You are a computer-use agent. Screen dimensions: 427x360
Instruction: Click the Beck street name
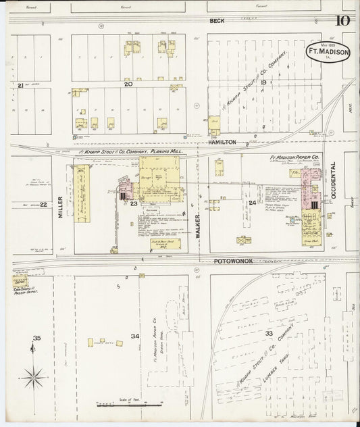(217, 21)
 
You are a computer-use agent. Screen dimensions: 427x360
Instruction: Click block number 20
(128, 84)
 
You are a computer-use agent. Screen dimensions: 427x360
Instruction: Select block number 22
(44, 205)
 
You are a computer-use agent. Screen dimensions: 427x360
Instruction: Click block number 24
(252, 203)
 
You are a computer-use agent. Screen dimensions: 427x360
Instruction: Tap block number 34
(135, 336)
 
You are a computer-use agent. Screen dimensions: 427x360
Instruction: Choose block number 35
(37, 337)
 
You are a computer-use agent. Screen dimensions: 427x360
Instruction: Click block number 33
(269, 334)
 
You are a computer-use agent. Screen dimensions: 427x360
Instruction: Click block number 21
(21, 85)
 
